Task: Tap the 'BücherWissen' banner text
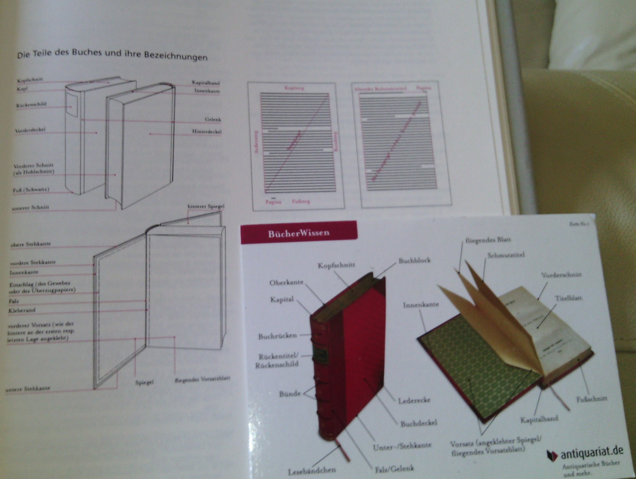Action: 298,233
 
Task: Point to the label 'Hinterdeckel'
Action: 207,132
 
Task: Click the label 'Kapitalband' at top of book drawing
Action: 206,83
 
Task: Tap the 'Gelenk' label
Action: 213,119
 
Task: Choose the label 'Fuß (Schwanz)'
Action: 31,190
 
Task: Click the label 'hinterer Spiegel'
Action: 206,207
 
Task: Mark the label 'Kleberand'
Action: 22,310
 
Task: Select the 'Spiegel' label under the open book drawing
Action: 144,382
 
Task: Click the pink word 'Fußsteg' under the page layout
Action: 301,201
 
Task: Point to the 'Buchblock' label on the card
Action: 414,260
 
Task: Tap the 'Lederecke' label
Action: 414,401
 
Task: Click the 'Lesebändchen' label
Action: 311,471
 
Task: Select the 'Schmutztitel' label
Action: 506,255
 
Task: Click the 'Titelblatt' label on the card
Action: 568,298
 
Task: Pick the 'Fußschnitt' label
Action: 591,399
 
